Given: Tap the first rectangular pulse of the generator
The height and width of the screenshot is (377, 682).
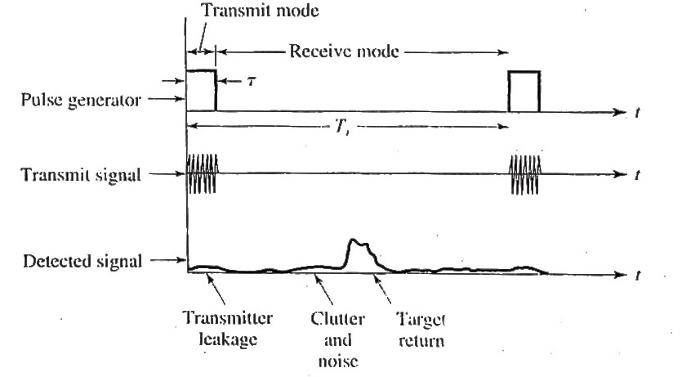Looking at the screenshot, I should [201, 90].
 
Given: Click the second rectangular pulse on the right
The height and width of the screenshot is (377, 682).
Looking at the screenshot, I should [524, 90].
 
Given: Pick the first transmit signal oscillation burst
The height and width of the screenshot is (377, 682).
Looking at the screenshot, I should [202, 173].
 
